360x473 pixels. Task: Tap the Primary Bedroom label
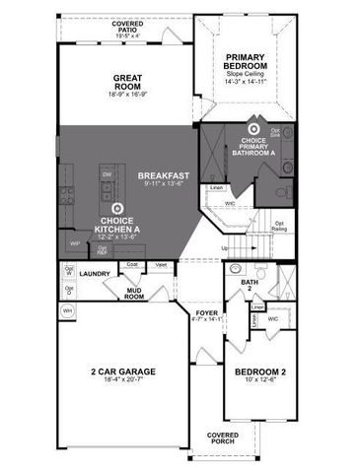point(246,61)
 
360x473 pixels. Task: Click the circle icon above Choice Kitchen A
point(118,208)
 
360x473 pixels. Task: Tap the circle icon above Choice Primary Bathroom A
point(253,128)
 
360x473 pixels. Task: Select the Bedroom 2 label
point(259,372)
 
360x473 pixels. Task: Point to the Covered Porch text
point(222,437)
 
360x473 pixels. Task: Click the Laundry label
point(95,274)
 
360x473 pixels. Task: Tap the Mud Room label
point(134,293)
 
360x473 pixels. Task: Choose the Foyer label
point(206,312)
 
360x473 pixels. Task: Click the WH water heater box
point(68,310)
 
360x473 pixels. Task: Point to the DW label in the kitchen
point(107,174)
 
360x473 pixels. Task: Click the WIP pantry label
point(74,243)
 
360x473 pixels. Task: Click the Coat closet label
point(131,264)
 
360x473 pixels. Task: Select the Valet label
point(160,264)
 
